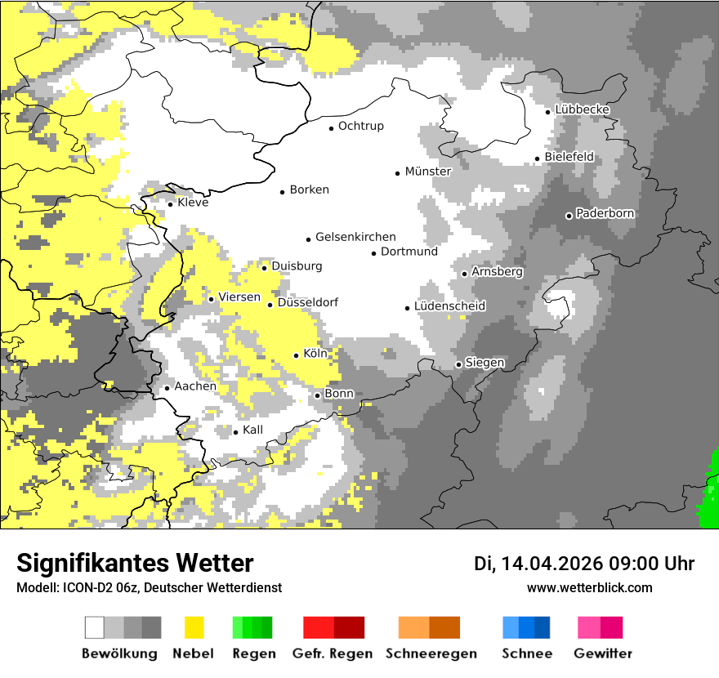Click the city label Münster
[x=428, y=172]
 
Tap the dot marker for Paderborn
[x=569, y=216]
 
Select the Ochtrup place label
[x=361, y=126]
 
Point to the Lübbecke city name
[x=583, y=109]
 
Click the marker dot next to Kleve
[x=170, y=204]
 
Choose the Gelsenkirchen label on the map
[x=355, y=237]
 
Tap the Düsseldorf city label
[x=308, y=302]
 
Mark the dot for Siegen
[x=458, y=364]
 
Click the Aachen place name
[x=195, y=386]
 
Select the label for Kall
[x=252, y=430]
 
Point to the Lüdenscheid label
[x=449, y=306]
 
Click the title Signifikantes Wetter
[x=135, y=563]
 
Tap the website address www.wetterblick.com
[x=590, y=587]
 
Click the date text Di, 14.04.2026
[x=538, y=564]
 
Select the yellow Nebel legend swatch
[x=194, y=627]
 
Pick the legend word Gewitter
[x=603, y=653]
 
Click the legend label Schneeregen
[x=431, y=653]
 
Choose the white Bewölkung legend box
[x=95, y=627]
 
